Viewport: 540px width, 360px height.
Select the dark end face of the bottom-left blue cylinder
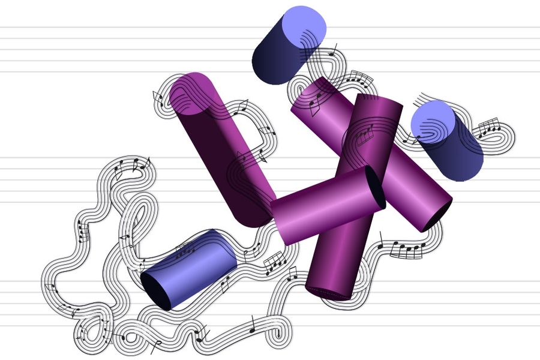(156, 292)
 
